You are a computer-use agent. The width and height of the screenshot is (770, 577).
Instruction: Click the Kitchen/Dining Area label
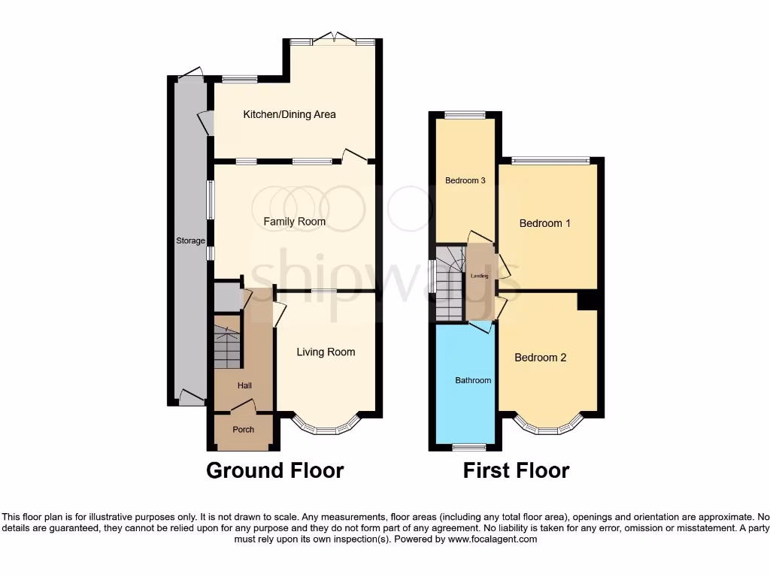[289, 115]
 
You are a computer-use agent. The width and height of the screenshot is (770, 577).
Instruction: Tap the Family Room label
[294, 222]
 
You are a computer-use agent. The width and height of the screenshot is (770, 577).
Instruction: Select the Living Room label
[326, 352]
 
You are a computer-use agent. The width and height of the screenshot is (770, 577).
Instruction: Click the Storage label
[190, 241]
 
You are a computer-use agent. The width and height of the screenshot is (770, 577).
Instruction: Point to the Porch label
[243, 430]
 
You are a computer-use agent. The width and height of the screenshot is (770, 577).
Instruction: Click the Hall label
[244, 385]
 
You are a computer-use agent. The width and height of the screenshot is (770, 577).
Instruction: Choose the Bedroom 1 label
[545, 223]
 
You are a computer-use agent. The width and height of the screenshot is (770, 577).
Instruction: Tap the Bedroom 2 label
[540, 358]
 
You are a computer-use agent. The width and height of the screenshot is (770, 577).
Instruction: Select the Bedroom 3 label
[465, 180]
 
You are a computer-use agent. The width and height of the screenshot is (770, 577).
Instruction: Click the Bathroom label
[473, 380]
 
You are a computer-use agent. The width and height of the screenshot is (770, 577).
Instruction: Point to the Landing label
[479, 276]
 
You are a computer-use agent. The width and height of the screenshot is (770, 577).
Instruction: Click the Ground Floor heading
[274, 471]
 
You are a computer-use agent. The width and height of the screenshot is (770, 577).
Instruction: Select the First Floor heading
[516, 471]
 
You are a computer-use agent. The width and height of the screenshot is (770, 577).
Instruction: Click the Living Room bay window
[326, 428]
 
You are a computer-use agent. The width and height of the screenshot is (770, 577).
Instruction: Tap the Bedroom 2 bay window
[548, 428]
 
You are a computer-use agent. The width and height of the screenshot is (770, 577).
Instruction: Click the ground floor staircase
[227, 347]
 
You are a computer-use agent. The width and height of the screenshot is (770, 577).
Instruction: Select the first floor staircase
[448, 287]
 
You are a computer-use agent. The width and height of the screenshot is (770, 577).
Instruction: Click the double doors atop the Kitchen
[333, 39]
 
